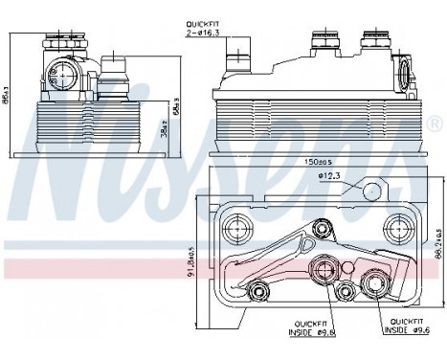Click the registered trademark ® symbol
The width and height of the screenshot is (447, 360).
435,124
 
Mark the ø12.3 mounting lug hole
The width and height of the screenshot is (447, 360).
370,191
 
